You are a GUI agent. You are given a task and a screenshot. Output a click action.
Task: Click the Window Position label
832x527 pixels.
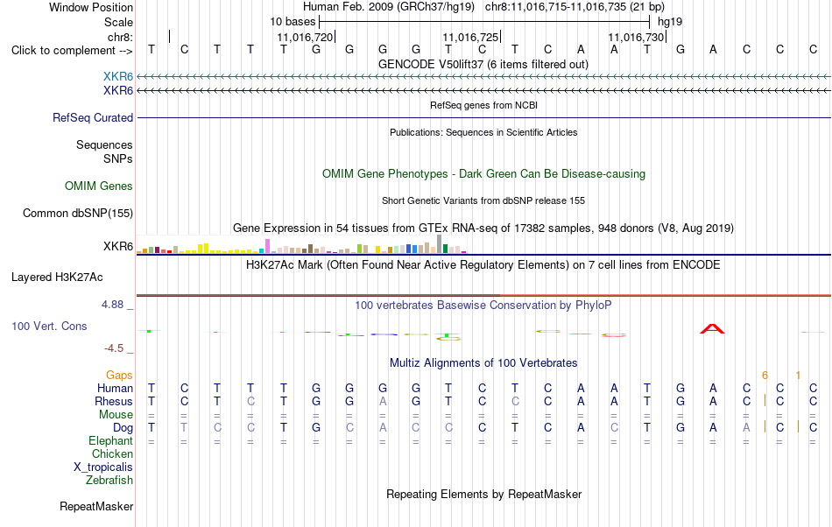coord(91,7)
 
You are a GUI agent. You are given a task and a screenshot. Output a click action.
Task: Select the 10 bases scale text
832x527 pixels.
coord(293,22)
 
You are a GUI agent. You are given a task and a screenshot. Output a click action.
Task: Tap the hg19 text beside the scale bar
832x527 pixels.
coord(670,22)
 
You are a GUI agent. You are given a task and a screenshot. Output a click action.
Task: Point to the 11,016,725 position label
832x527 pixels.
coord(470,37)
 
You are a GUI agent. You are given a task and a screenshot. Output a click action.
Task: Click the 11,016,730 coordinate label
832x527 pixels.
coord(636,37)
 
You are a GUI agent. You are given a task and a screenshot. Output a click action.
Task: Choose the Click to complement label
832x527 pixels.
coord(72,51)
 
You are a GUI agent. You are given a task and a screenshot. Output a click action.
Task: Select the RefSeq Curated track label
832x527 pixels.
coord(93,117)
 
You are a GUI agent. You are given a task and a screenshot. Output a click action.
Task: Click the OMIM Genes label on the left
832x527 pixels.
coord(99,186)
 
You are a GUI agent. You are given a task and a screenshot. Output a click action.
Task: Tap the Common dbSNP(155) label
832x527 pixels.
coord(78,213)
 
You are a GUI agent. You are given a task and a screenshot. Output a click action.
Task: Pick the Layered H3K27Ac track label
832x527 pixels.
coord(57,278)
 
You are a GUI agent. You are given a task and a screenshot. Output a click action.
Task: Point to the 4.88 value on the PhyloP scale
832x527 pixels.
coord(112,305)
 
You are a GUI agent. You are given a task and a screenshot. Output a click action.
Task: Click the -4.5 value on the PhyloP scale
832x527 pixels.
coord(114,348)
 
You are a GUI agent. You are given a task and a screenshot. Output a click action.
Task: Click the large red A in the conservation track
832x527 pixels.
coord(712,328)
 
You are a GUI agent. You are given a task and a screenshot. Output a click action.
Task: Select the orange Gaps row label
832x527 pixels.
coord(119,376)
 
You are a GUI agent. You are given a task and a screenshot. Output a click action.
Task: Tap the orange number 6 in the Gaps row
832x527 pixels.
coord(765,376)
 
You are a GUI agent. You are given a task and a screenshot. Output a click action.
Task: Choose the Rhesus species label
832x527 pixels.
coord(114,401)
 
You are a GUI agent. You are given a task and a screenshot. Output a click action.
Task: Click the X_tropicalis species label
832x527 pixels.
coord(103,467)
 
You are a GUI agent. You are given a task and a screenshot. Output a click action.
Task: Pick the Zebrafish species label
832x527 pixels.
coord(109,481)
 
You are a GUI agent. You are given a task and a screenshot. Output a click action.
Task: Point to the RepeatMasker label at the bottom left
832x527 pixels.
coord(96,507)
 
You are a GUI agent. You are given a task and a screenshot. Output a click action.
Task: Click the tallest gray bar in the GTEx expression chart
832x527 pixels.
coord(439,244)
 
